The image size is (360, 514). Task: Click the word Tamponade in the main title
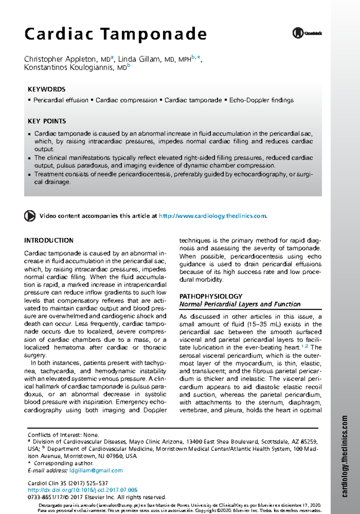point(153,34)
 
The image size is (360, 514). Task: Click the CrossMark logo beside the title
point(307,33)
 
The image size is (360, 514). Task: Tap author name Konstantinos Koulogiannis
point(69,67)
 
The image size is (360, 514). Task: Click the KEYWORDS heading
point(46,89)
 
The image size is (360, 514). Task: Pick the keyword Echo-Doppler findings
point(261,100)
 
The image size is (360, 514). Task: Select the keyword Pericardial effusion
point(61,100)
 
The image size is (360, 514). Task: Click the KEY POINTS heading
point(47,121)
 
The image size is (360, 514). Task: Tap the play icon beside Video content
point(30,216)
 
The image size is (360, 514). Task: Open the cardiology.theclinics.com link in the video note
point(212,216)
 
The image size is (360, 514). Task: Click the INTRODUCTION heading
point(49,241)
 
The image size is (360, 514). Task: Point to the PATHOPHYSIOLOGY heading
point(211,296)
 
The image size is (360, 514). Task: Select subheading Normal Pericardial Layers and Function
point(240,304)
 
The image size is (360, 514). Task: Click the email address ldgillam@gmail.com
point(96,471)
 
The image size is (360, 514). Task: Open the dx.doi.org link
point(82,490)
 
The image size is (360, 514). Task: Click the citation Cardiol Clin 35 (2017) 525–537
point(67,483)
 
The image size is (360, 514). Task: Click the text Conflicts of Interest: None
point(63,435)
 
